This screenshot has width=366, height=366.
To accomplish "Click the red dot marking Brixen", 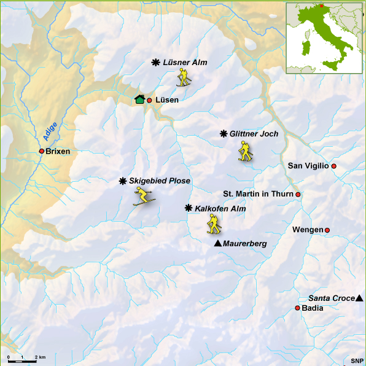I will [41, 151].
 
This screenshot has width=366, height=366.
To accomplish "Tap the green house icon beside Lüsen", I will [139, 99].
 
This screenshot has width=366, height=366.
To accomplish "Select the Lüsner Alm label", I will [185, 63].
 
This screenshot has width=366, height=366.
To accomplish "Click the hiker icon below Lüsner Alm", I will [184, 77].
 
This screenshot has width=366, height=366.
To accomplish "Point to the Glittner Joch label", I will [254, 134].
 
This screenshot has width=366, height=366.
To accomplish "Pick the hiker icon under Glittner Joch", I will [246, 151].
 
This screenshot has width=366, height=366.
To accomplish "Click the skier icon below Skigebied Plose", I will [144, 197].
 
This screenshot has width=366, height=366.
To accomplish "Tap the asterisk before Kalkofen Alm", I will [189, 209].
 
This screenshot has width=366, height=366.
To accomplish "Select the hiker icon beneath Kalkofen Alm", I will [214, 224].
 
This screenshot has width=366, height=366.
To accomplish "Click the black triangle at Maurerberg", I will [217, 244].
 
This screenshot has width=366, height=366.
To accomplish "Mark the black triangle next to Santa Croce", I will [359, 298].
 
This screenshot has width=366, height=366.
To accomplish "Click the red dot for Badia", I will [298, 308].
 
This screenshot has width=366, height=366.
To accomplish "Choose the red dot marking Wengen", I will [327, 230].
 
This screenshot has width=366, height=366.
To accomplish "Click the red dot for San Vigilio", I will [334, 166].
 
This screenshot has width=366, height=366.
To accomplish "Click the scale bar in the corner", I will [25, 357].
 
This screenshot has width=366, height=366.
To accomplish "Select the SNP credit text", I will [356, 360].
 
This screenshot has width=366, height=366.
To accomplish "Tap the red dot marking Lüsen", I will [149, 100].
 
